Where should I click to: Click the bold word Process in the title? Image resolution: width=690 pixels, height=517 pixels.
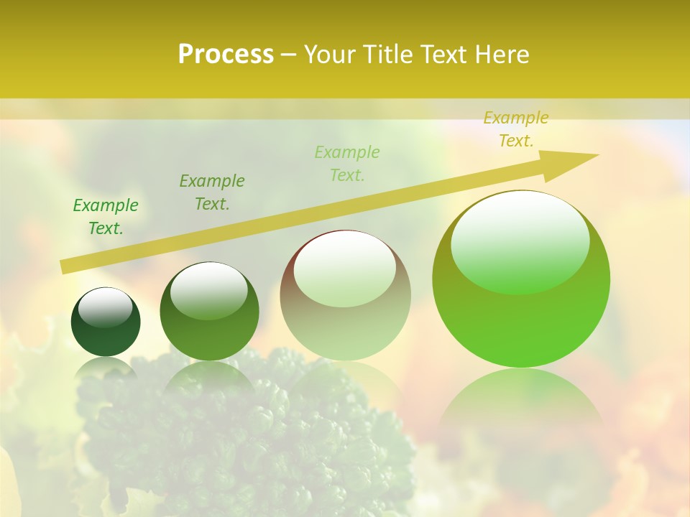pyautogui.click(x=226, y=55)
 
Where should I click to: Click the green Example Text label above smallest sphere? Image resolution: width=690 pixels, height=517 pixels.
pyautogui.click(x=106, y=217)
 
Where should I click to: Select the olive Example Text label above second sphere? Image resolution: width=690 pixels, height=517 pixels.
pyautogui.click(x=212, y=192)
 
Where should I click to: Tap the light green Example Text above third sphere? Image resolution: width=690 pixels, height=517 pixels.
pyautogui.click(x=347, y=164)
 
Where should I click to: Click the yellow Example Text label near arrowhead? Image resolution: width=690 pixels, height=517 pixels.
pyautogui.click(x=516, y=129)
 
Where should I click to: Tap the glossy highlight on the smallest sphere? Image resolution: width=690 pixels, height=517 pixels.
pyautogui.click(x=106, y=307)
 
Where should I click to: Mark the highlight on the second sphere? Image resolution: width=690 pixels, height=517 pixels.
pyautogui.click(x=208, y=289)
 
